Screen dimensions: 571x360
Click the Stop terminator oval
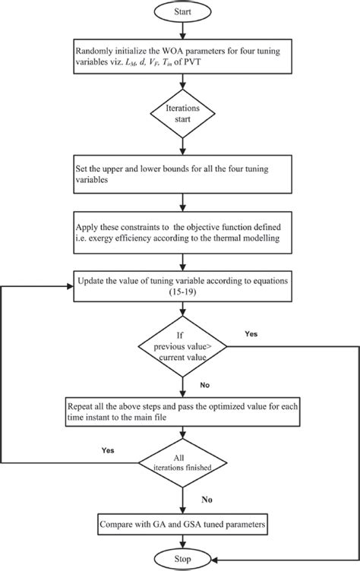pos(179,557)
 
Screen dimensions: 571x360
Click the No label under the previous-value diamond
pos(204,384)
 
